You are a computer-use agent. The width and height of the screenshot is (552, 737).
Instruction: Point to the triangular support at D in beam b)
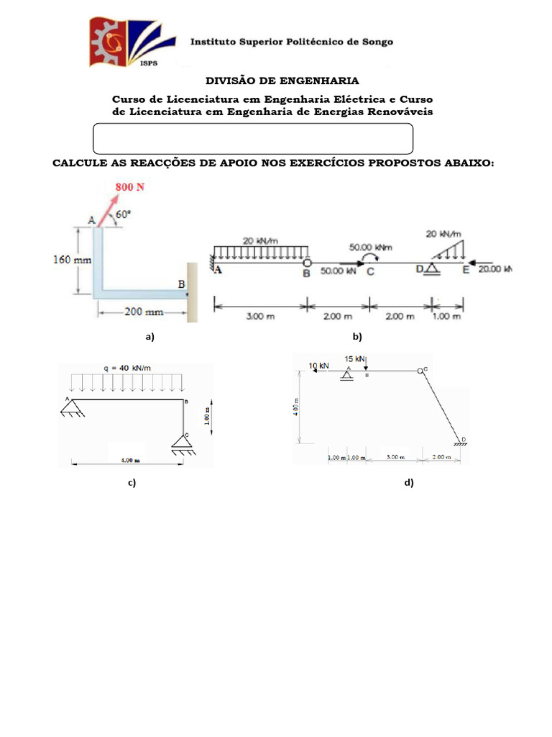[431, 268]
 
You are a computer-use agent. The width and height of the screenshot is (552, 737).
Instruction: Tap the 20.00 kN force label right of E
[496, 269]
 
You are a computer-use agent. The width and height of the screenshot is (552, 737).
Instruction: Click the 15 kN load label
[355, 358]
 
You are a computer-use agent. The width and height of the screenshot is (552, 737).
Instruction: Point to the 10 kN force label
[318, 366]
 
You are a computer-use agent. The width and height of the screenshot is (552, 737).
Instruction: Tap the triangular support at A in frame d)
[348, 376]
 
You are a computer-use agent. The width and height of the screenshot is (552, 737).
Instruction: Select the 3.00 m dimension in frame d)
[395, 457]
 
